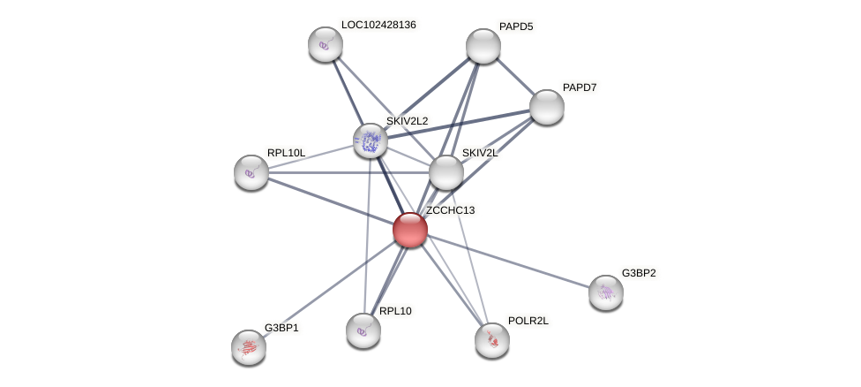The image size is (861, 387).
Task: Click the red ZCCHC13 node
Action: coord(410,230)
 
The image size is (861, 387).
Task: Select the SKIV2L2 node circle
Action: coord(371,140)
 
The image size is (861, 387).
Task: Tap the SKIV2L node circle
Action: coord(446,172)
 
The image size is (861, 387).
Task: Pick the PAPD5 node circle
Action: coord(483,46)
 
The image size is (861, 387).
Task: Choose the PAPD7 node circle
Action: coord(547,107)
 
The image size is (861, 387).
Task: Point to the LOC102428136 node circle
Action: coord(326,44)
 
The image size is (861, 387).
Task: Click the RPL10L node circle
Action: coord(251,172)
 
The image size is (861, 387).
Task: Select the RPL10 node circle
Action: coord(363,330)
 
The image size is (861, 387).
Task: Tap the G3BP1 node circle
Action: coord(249,347)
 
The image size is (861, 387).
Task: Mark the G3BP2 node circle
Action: coord(606,292)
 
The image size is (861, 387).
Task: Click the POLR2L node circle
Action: coord(492,340)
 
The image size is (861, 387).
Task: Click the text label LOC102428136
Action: coord(378,25)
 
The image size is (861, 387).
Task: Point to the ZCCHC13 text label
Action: coord(450,210)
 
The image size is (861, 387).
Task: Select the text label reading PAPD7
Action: coord(580,87)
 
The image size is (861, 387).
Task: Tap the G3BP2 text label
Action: coord(639,273)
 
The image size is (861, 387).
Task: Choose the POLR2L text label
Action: coord(528,321)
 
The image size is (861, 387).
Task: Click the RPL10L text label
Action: coord(286,153)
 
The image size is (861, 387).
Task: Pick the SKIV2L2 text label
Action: coord(407,121)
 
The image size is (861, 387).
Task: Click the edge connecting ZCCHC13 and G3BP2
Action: coord(508,261)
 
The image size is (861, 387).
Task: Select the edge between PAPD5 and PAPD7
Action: coord(515,76)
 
